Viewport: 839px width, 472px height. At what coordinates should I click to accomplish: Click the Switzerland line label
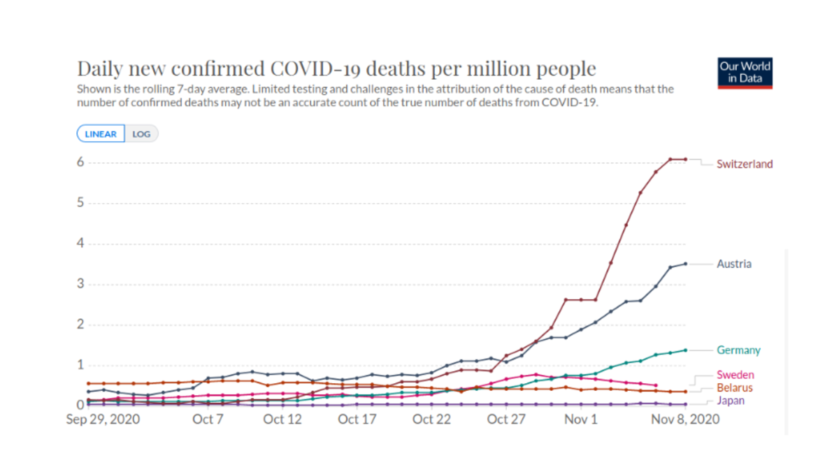(745, 164)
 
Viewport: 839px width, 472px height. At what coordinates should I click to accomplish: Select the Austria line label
(734, 264)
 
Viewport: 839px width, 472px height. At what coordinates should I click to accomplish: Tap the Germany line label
(738, 350)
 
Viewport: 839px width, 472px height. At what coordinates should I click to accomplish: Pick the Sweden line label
(736, 376)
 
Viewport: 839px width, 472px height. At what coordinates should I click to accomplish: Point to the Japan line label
(731, 401)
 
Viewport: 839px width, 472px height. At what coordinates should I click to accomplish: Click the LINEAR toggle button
(101, 134)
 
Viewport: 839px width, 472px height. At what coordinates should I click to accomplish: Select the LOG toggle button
(141, 134)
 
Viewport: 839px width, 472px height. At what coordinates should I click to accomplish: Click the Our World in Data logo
(745, 73)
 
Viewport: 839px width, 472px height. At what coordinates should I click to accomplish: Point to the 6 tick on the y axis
(80, 162)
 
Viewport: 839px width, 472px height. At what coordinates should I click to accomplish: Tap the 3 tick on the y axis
(80, 284)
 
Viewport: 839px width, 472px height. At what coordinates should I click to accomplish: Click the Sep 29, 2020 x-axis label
(103, 420)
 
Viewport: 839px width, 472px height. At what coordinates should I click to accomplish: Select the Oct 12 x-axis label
(284, 420)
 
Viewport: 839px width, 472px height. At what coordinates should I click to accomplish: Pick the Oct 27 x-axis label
(505, 420)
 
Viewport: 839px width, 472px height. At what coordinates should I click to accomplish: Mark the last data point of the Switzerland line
(685, 159)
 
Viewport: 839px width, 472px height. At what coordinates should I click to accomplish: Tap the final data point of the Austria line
(685, 264)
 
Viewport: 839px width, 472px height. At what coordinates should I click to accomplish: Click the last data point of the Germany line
(685, 350)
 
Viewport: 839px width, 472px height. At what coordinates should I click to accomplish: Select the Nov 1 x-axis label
(581, 420)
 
